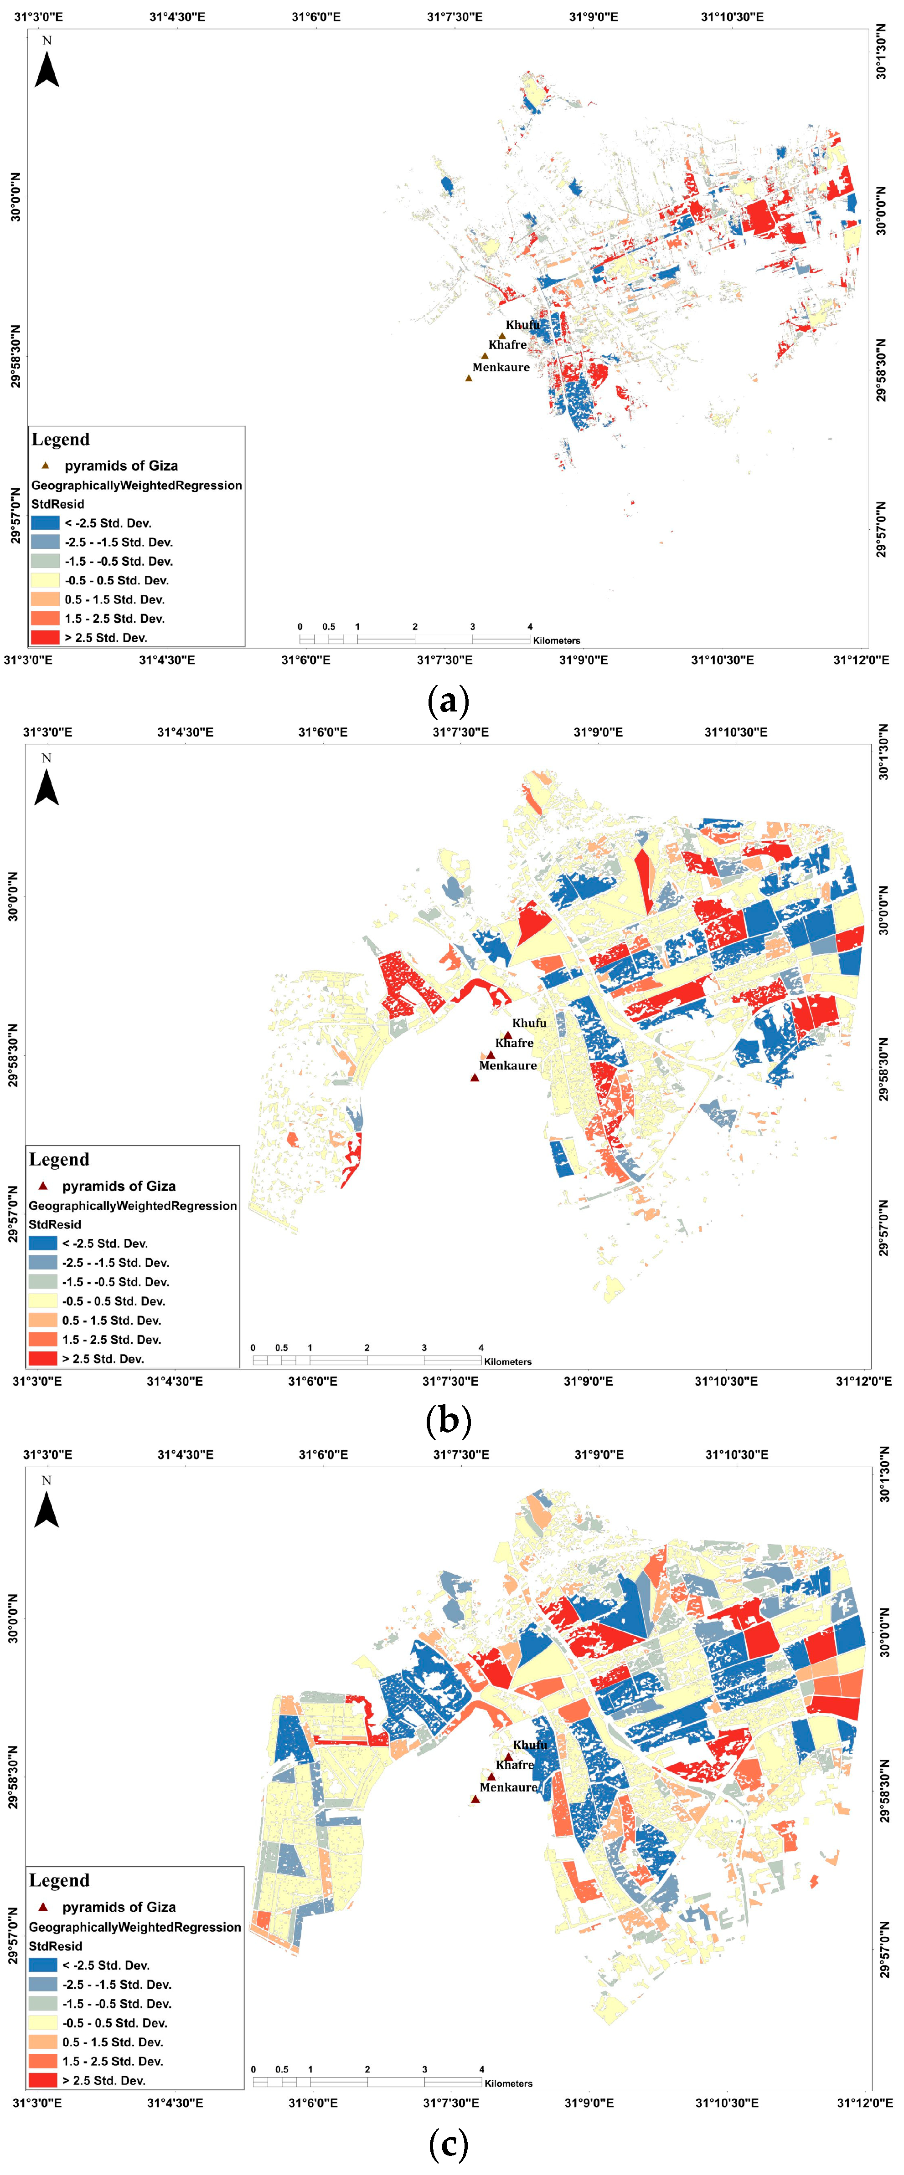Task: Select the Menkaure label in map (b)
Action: click(508, 1065)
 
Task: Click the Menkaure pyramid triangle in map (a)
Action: click(469, 378)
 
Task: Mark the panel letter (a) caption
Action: click(448, 701)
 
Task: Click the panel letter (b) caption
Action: click(448, 1421)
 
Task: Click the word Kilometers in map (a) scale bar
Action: click(557, 641)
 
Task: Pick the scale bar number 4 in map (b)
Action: click(481, 1347)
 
